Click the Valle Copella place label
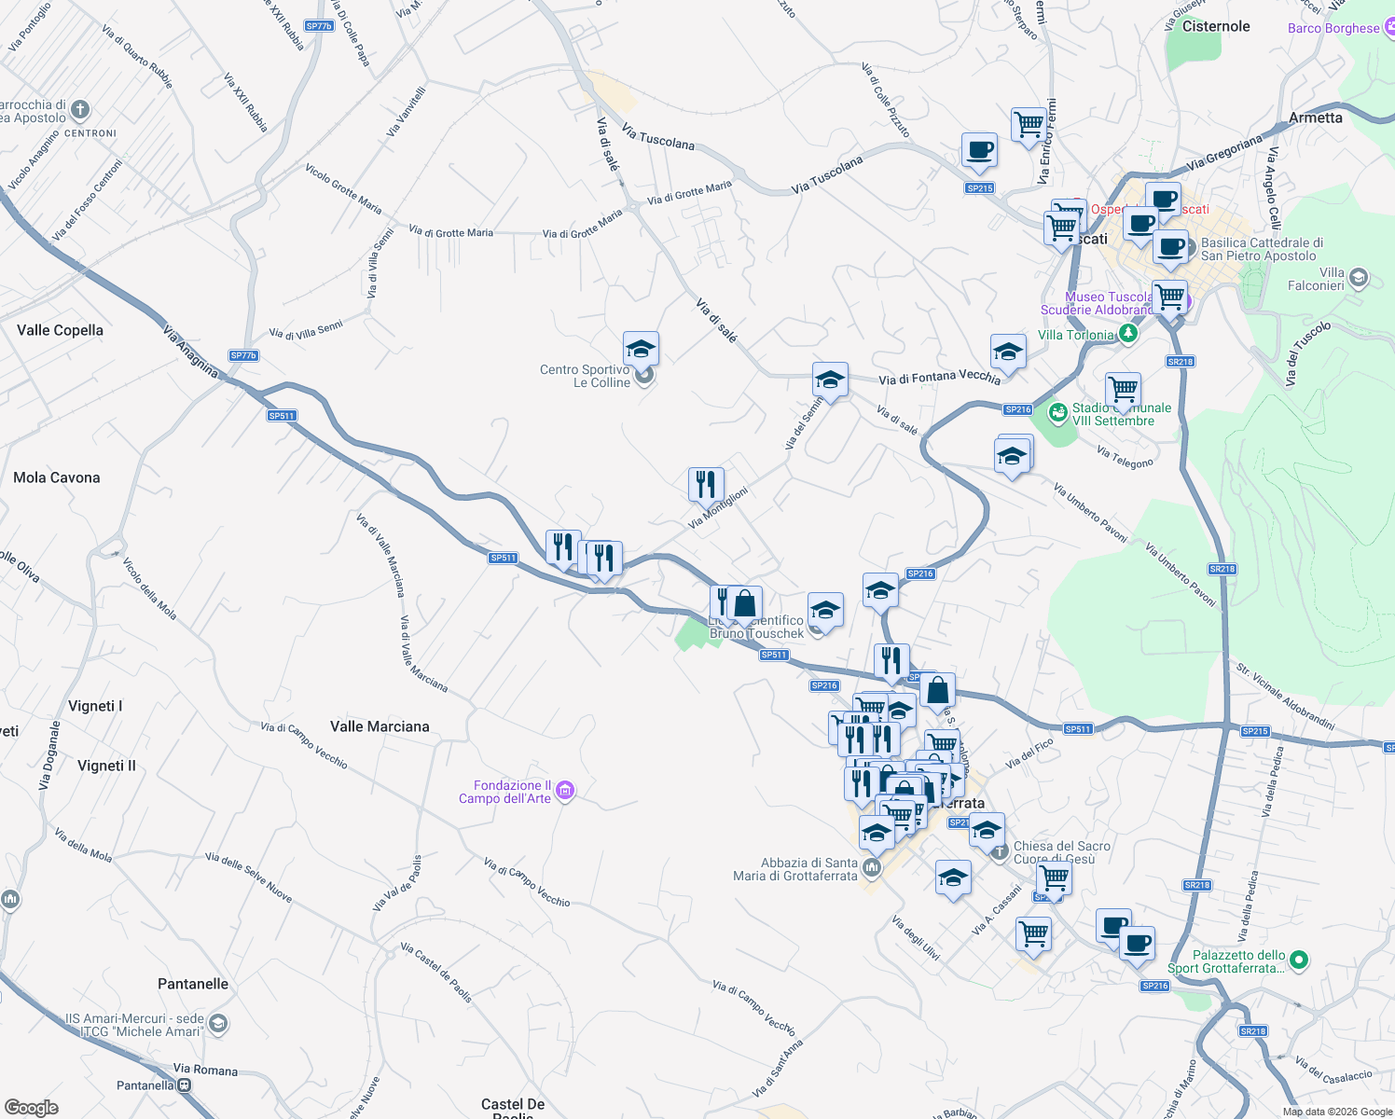[60, 330]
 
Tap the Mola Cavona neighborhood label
[57, 477]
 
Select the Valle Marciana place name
[380, 726]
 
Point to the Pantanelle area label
[193, 984]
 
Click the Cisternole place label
[1216, 26]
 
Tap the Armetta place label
[1316, 117]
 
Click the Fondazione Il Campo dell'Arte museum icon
[564, 792]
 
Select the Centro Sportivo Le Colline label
[585, 376]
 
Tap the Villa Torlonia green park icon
[1128, 333]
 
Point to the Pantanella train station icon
[185, 1085]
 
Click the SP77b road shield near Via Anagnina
[243, 355]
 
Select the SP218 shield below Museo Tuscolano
[1180, 362]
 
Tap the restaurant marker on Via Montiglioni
[706, 484]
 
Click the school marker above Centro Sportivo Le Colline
[641, 349]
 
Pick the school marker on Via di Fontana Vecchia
[830, 380]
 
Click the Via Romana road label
[205, 1070]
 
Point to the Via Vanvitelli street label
[406, 112]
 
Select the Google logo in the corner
[31, 1108]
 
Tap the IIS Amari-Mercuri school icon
[217, 1024]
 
